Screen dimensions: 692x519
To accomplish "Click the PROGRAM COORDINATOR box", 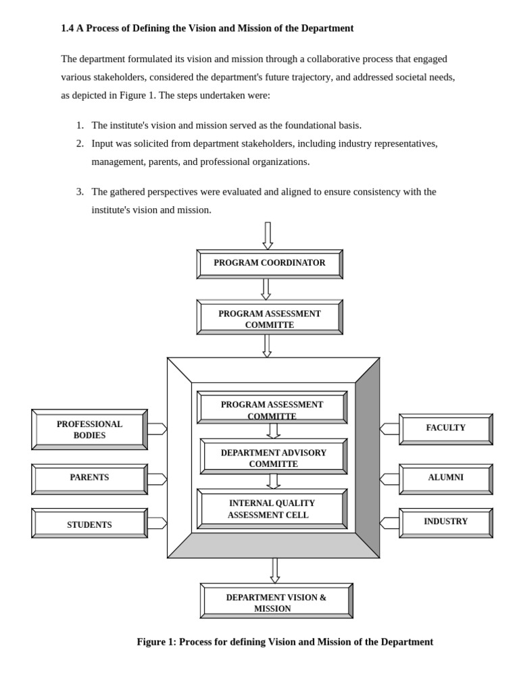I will click(x=270, y=264).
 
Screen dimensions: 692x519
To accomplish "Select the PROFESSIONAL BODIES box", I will click(x=89, y=430).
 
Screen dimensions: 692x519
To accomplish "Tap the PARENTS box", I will click(x=89, y=478).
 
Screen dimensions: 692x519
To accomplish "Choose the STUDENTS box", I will click(x=89, y=524).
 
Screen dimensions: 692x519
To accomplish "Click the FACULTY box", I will click(x=445, y=428).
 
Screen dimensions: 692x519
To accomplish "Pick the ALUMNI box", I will click(x=445, y=478).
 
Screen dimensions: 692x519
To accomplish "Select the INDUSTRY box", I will click(x=445, y=522).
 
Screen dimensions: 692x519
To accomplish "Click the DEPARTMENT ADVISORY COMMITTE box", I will click(x=273, y=458).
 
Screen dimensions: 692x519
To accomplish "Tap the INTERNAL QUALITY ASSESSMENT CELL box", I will click(x=272, y=509).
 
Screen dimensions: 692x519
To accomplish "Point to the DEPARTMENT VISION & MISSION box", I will click(x=276, y=601).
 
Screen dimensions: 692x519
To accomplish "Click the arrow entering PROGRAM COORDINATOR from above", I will click(x=268, y=235).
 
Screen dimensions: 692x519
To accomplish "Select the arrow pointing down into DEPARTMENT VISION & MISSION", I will click(x=275, y=570).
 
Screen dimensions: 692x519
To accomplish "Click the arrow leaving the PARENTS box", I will click(x=157, y=479).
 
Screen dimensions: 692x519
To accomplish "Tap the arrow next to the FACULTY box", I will click(x=389, y=428).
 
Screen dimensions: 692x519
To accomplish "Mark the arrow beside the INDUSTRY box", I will click(x=389, y=523).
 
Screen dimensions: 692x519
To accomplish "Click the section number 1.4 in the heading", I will click(x=67, y=28).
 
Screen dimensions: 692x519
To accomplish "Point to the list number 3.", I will click(x=80, y=192).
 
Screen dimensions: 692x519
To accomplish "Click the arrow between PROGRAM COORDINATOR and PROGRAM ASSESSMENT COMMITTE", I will click(x=266, y=289).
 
